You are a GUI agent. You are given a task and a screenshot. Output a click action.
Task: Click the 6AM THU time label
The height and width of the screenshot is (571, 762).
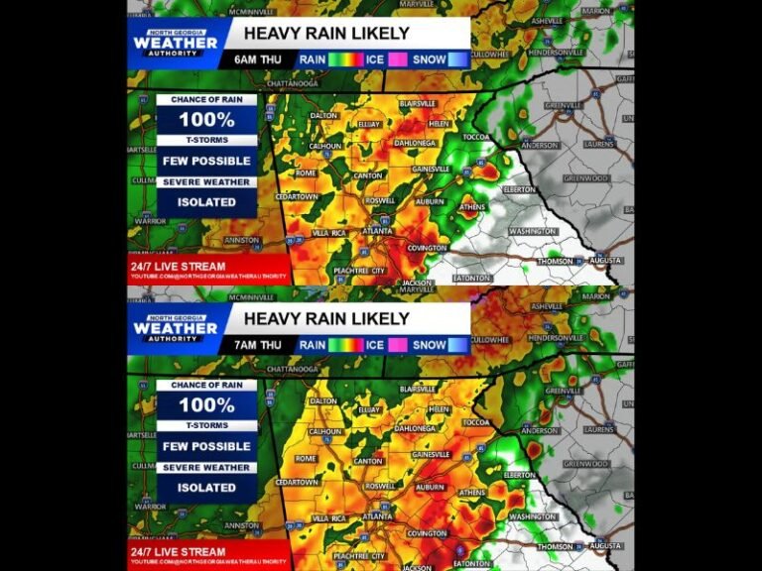[x=257, y=59]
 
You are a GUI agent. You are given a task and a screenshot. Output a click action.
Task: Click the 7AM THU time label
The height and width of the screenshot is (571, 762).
[x=257, y=345]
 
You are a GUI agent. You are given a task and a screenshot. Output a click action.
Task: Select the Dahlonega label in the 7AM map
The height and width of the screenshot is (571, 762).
[x=415, y=428]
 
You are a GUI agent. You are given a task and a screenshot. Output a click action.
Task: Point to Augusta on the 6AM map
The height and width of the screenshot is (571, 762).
[x=604, y=260]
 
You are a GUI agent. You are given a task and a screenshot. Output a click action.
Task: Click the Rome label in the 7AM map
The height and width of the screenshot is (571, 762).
[x=306, y=458]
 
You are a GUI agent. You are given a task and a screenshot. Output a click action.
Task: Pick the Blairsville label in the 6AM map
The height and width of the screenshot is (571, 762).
[x=417, y=103]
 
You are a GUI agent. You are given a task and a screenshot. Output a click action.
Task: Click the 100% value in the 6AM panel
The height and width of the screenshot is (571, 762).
[x=206, y=120]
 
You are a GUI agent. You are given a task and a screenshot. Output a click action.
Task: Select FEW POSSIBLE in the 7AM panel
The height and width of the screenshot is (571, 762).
[x=206, y=446]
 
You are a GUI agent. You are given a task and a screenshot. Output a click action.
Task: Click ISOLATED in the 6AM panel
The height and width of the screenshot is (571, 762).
[x=206, y=202]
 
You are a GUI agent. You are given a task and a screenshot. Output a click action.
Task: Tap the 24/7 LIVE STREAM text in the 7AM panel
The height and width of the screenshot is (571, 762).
[x=179, y=552]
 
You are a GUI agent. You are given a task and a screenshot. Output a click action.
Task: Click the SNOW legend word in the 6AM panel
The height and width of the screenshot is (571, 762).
[x=430, y=59]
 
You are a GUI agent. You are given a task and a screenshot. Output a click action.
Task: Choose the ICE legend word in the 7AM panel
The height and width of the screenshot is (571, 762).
[x=374, y=345]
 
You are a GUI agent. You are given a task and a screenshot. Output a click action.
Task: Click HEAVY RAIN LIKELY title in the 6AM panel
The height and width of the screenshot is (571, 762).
[x=326, y=33]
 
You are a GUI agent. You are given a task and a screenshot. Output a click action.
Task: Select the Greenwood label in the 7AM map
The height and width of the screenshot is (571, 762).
[x=584, y=464]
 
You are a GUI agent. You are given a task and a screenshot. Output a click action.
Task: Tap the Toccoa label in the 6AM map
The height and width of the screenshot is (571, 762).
[x=476, y=137]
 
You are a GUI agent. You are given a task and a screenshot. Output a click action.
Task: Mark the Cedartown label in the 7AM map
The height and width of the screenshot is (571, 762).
[x=297, y=482]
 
